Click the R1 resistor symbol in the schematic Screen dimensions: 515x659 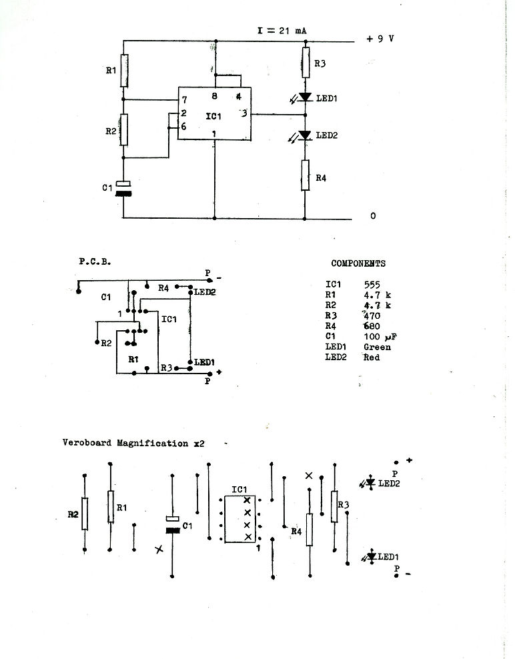[124, 71]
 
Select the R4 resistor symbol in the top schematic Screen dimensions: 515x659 [306, 175]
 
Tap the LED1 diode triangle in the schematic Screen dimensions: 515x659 [306, 97]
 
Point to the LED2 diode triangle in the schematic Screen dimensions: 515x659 [306, 135]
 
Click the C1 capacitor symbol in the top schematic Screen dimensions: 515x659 [123, 189]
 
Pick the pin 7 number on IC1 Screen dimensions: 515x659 [184, 100]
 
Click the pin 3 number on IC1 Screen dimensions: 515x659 [244, 113]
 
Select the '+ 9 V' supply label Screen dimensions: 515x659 [380, 39]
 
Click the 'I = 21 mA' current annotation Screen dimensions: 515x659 [282, 31]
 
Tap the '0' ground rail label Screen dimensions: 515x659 [373, 216]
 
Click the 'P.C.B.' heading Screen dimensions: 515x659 [95, 261]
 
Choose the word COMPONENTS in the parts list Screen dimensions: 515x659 [358, 263]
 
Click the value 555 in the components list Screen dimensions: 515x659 [372, 285]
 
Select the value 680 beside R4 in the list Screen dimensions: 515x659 [372, 326]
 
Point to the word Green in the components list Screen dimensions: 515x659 [377, 347]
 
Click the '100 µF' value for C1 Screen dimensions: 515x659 [380, 337]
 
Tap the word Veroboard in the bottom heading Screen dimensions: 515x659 [87, 442]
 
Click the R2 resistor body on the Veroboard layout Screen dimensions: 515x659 [85, 514]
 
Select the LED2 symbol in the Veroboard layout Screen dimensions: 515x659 [370, 483]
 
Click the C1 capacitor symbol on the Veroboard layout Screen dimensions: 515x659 [172, 524]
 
